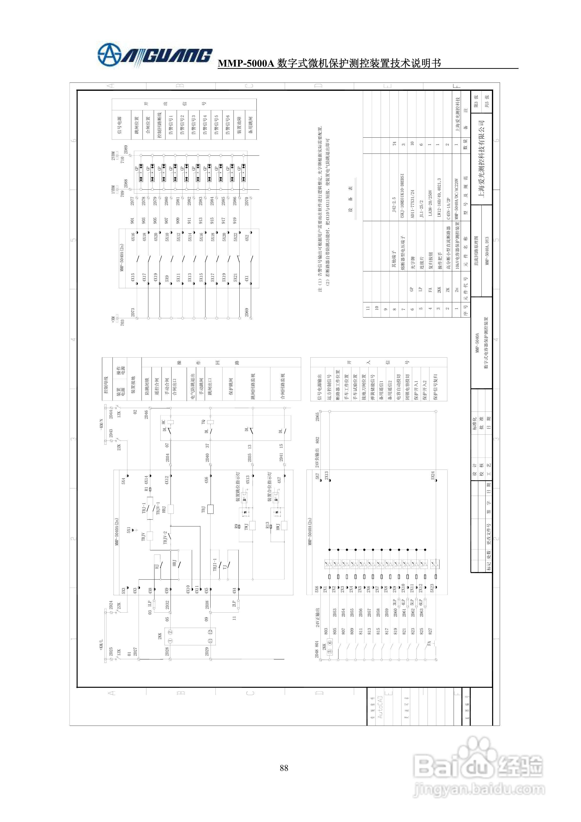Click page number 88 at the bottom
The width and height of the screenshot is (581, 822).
(x=284, y=768)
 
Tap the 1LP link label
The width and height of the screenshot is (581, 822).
(x=150, y=604)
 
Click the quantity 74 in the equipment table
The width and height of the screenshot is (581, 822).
(x=394, y=144)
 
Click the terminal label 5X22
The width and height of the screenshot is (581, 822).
(x=235, y=237)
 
